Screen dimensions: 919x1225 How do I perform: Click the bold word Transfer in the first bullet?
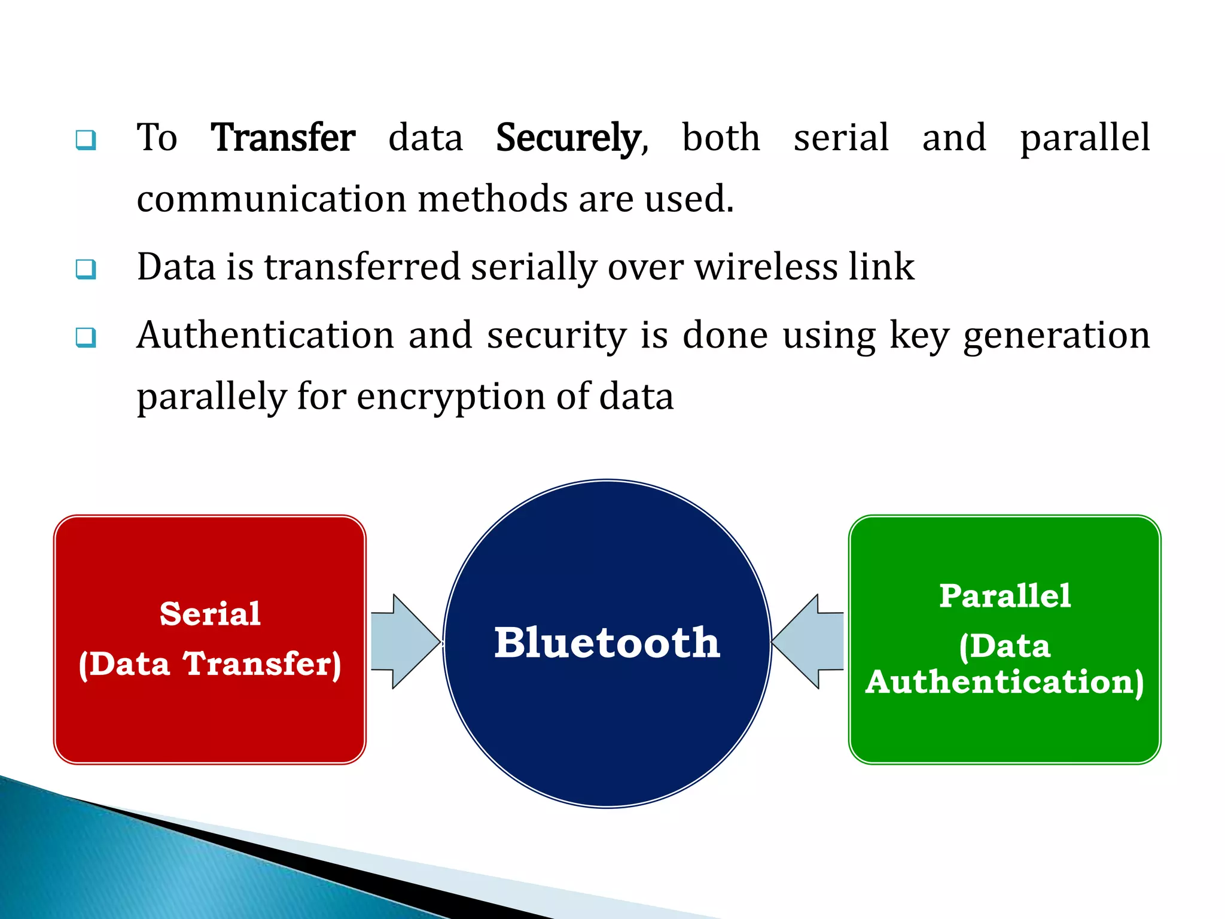[283, 138]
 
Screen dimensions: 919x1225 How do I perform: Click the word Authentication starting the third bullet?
[265, 335]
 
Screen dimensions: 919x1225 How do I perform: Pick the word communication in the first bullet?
[272, 199]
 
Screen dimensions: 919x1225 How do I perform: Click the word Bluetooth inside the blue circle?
[607, 643]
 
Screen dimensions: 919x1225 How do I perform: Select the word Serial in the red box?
[210, 614]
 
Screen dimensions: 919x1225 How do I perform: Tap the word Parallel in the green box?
[1005, 596]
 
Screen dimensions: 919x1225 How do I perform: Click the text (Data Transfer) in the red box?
[210, 664]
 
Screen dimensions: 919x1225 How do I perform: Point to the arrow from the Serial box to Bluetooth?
[404, 641]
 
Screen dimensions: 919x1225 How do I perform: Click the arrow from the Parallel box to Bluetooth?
[809, 641]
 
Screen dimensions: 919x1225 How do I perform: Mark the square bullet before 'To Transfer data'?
[86, 140]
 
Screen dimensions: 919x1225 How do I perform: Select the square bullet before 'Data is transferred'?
[86, 269]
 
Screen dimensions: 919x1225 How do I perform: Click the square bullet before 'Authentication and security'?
[86, 337]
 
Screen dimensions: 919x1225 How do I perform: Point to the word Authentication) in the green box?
[1005, 682]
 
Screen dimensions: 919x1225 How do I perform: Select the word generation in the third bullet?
[1056, 336]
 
